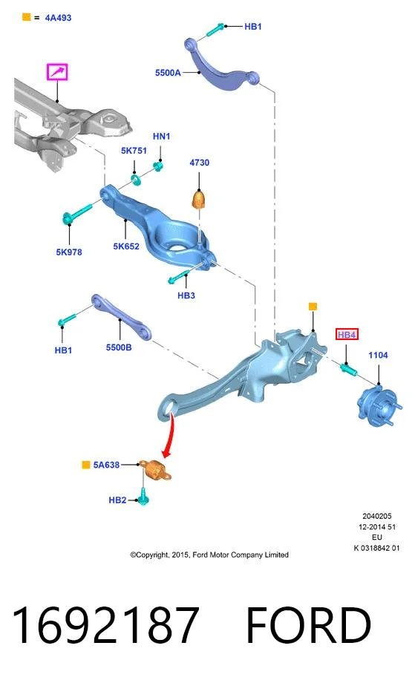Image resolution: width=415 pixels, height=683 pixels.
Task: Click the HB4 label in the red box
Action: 347,335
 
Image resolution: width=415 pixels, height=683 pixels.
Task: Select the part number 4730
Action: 200,163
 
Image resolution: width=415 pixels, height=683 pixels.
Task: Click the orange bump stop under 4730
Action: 199,199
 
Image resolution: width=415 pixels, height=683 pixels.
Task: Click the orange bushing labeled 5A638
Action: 156,470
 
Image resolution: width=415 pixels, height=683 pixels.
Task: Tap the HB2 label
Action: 117,500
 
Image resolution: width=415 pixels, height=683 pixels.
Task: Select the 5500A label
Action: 168,73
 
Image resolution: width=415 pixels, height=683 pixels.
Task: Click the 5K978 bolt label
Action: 69,252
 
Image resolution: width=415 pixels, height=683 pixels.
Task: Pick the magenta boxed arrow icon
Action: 57,72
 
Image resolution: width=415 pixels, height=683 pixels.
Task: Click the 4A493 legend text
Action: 59,18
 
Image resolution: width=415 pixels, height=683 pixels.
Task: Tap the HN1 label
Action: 161,137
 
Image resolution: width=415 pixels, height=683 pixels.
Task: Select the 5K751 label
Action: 134,151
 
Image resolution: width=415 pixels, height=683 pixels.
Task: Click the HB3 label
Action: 186,295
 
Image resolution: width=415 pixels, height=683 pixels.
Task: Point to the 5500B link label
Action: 119,347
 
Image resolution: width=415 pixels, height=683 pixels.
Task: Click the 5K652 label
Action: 126,246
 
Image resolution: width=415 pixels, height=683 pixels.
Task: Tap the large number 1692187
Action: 106,625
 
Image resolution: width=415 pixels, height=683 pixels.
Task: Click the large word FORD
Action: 309,625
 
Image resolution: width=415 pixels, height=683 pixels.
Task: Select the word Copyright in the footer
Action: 152,555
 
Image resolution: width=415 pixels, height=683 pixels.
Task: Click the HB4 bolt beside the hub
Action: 348,370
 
